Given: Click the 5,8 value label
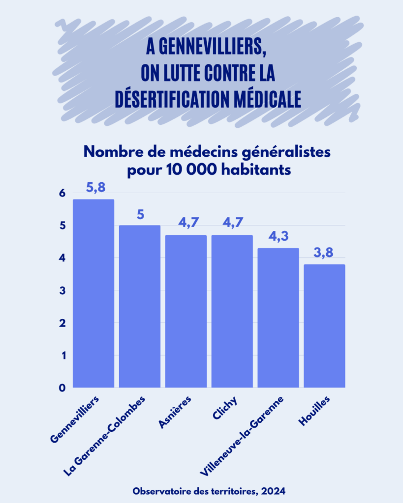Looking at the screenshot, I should pos(95,188).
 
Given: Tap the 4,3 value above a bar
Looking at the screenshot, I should pos(279,237).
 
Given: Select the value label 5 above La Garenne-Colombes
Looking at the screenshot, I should pos(140,215).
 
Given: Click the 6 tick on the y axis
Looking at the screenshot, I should pos(62,194).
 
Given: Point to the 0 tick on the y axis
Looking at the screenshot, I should pos(62,388).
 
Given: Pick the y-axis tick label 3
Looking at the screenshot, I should pos(62,291).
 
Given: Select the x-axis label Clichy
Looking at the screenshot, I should pos(225,409).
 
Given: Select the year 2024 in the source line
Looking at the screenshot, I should pos(274,491).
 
